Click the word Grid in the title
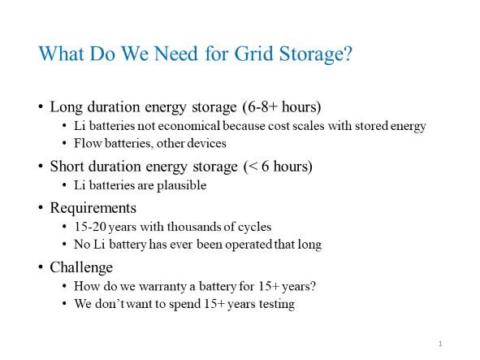244,55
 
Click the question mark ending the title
348,55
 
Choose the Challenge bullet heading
81,266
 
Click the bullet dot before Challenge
41,267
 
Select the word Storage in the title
304,55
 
